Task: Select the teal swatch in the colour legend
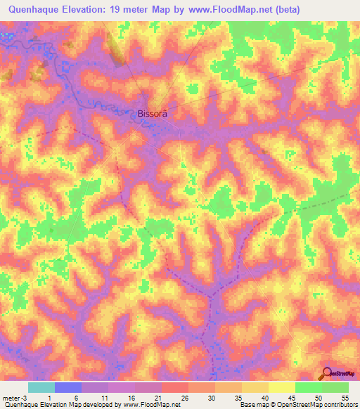tap(41, 387)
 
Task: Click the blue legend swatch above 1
tap(68, 387)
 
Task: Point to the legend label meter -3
tap(15, 397)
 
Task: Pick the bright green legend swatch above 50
tap(309, 387)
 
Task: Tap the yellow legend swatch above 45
tap(282, 387)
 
